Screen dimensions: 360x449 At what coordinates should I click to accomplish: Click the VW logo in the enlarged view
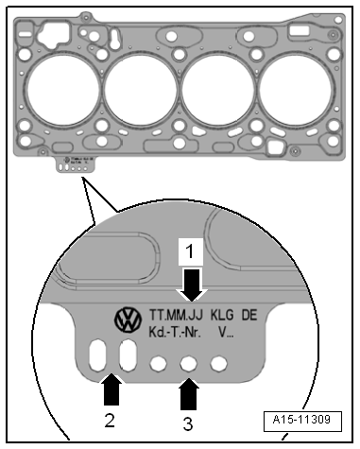tap(128, 319)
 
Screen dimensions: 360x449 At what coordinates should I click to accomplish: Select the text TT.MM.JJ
tap(176, 315)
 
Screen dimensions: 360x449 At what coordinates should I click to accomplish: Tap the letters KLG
tap(222, 315)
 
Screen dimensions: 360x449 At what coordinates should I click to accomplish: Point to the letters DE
tap(249, 315)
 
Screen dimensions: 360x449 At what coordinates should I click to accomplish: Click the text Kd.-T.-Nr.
tap(175, 332)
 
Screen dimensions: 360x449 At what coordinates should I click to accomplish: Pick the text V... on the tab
tap(226, 332)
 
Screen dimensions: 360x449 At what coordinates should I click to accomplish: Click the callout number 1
tap(190, 251)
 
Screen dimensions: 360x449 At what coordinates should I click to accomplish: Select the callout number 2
tap(110, 420)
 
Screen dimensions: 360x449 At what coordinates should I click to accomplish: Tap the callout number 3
tap(188, 423)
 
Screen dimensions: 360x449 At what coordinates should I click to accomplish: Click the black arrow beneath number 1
tap(193, 285)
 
